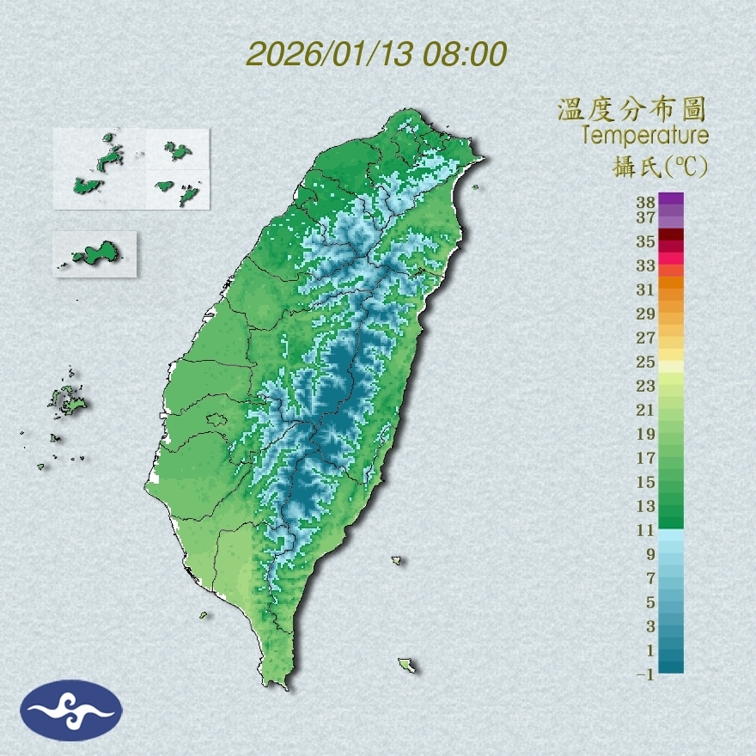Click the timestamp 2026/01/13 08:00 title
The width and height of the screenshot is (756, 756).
pos(376,54)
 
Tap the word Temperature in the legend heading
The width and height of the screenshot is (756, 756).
pos(644,135)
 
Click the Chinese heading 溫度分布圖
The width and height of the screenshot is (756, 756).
pos(631,109)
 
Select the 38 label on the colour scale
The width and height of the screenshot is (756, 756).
pos(646,203)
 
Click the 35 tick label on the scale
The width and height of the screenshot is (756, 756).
pos(646,241)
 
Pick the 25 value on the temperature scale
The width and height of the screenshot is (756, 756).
pos(646,362)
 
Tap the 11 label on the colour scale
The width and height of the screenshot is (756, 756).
pos(646,530)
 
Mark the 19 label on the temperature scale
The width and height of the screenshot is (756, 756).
pos(646,434)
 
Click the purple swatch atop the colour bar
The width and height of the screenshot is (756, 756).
pos(671,199)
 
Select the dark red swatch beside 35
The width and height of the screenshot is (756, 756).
pos(671,235)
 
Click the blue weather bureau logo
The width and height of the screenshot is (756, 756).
pos(71,710)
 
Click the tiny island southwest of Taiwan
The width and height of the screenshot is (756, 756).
pos(204,614)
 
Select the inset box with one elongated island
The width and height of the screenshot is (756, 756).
pos(94,253)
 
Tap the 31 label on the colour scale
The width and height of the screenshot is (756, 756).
pos(646,290)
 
